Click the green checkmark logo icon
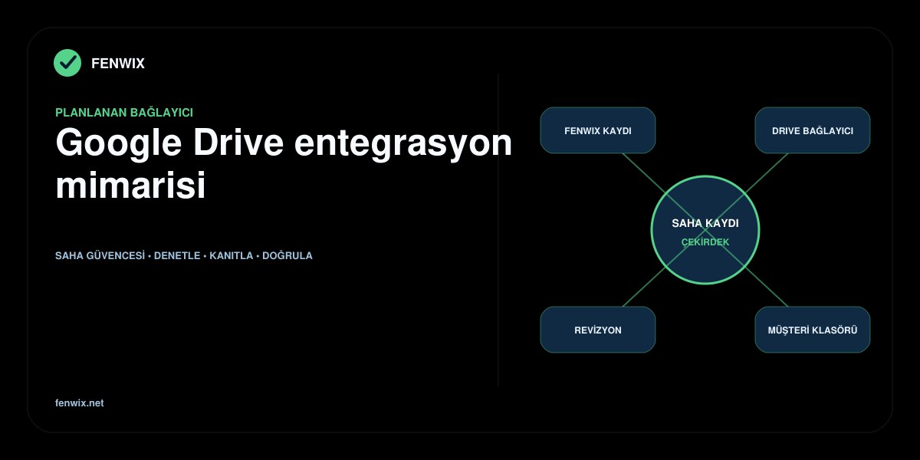pyautogui.click(x=67, y=63)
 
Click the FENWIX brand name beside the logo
pyautogui.click(x=118, y=64)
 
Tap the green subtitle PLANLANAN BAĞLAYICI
pyautogui.click(x=124, y=113)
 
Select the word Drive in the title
pyautogui.click(x=238, y=143)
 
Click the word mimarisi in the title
pyautogui.click(x=130, y=186)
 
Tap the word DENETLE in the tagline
pyautogui.click(x=177, y=256)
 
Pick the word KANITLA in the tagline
pyautogui.click(x=232, y=256)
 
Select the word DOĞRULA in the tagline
pyautogui.click(x=287, y=255)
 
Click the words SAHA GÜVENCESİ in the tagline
pyautogui.click(x=100, y=255)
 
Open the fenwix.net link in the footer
pyautogui.click(x=79, y=403)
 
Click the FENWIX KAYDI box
pyautogui.click(x=598, y=130)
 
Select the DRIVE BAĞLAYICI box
pyautogui.click(x=813, y=130)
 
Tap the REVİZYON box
pyautogui.click(x=598, y=330)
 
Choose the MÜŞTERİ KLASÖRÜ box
pyautogui.click(x=813, y=330)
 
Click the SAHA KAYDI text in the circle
pyautogui.click(x=705, y=223)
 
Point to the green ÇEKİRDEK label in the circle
pyautogui.click(x=705, y=242)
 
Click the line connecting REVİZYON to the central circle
pyautogui.click(x=643, y=287)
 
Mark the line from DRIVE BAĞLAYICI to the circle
pyautogui.click(x=767, y=172)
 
